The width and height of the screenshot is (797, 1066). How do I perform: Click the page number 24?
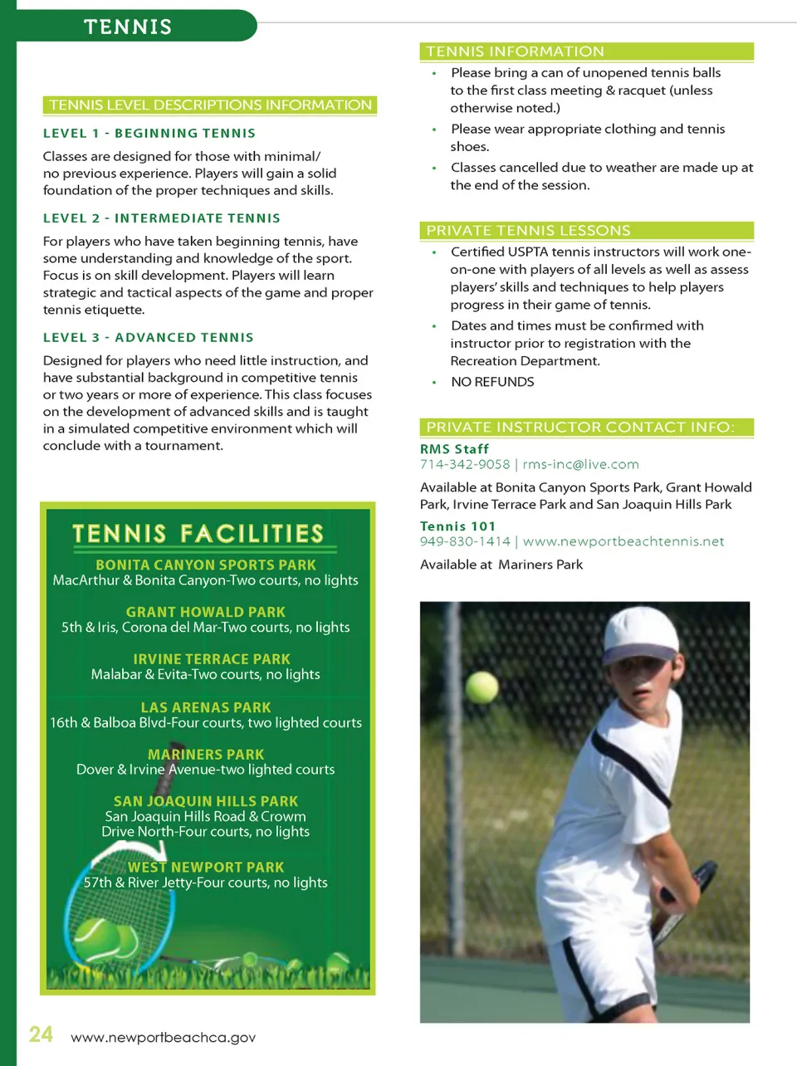click(x=41, y=1034)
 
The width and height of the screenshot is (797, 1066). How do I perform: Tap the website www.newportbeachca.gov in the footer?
click(x=163, y=1038)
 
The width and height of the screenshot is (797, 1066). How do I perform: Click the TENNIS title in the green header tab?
click(x=128, y=27)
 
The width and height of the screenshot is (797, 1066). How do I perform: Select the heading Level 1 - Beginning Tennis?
click(x=149, y=133)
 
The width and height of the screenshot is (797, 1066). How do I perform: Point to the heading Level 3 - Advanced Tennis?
click(x=149, y=337)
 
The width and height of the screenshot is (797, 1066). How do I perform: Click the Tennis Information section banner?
click(x=515, y=51)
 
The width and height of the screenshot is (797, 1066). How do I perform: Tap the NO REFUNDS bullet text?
click(x=492, y=382)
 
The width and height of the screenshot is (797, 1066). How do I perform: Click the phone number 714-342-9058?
click(x=465, y=465)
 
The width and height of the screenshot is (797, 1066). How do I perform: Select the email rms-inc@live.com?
click(x=580, y=465)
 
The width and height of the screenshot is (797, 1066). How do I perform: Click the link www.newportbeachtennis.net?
click(x=623, y=541)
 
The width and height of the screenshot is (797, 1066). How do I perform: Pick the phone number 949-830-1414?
click(x=465, y=541)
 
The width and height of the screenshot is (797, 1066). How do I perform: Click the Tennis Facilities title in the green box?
click(x=198, y=533)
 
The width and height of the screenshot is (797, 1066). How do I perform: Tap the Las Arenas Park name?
click(x=206, y=707)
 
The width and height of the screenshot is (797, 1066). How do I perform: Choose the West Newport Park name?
click(x=206, y=867)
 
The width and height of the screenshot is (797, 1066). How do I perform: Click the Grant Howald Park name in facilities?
click(x=206, y=612)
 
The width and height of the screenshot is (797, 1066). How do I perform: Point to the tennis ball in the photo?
click(x=482, y=687)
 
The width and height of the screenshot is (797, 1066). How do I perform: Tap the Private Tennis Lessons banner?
click(x=528, y=231)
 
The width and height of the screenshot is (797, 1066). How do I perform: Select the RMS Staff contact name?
click(x=454, y=448)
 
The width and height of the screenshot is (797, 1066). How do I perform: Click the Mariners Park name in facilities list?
click(x=206, y=754)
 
